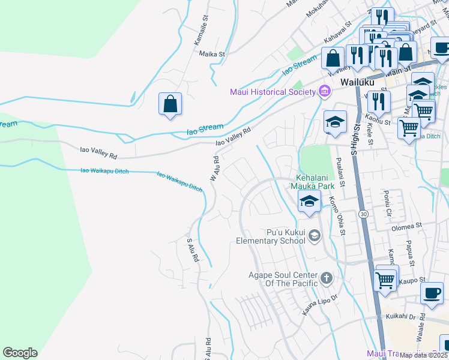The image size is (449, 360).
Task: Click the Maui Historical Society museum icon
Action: (325, 91)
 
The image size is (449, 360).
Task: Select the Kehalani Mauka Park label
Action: (312, 182)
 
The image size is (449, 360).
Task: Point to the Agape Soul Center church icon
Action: (326, 277)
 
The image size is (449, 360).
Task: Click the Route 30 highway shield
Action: (363, 214)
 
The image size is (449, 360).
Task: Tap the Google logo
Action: (20, 353)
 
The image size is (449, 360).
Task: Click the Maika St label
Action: (212, 53)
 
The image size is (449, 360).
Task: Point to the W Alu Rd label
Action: (214, 169)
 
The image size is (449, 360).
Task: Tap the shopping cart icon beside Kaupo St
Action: (385, 279)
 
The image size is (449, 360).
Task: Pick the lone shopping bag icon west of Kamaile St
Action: (170, 103)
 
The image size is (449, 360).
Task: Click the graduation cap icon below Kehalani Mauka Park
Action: (309, 201)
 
